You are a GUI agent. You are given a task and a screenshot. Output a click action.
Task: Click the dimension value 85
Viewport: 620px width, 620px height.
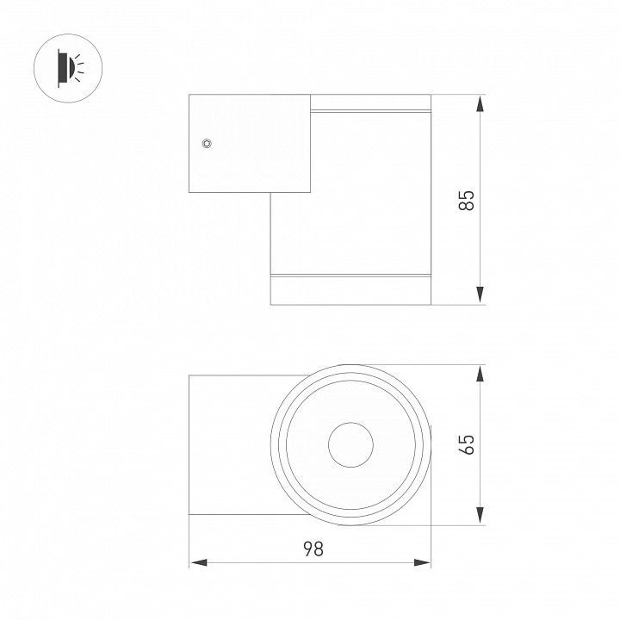tap(467, 201)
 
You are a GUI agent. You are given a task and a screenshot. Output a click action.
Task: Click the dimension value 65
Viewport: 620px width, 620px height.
tap(467, 444)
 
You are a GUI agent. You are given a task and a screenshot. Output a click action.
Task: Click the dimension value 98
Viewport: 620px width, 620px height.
tap(313, 549)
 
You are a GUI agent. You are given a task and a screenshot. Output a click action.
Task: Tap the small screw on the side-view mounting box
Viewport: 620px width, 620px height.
tap(207, 143)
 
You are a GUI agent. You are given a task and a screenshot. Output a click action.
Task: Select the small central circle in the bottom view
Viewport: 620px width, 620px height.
tap(350, 445)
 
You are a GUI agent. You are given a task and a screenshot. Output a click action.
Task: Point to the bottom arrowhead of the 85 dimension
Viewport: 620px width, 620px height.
tap(480, 295)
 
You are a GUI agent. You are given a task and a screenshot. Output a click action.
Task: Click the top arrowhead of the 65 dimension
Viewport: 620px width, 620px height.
tap(480, 374)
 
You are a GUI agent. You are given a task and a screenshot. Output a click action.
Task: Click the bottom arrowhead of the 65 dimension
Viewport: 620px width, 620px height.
tap(480, 516)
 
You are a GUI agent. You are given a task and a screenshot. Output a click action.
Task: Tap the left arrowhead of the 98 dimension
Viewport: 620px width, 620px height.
tap(199, 562)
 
